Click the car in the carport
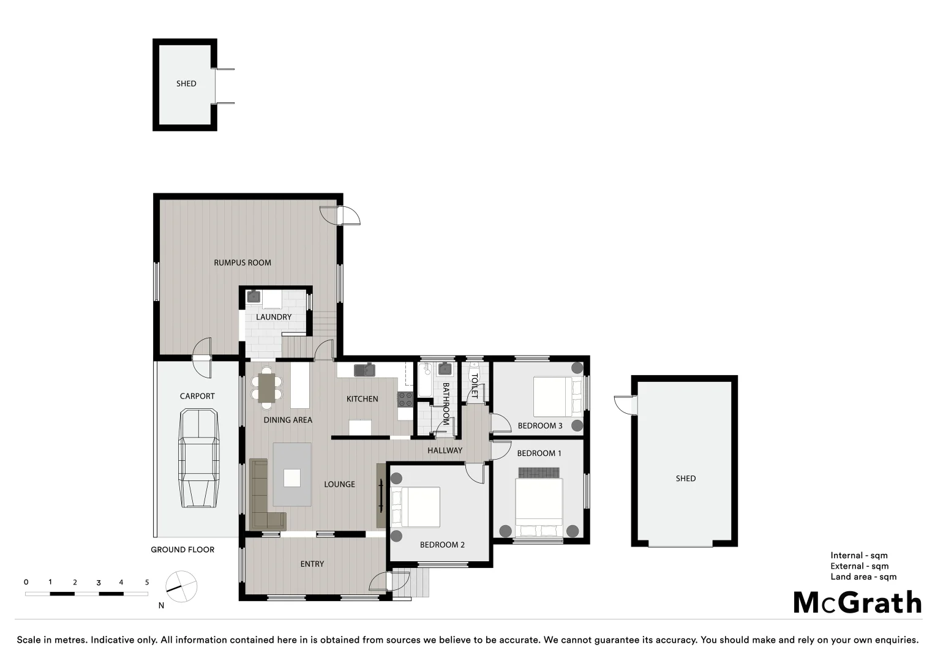[198, 459]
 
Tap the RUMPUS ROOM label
[242, 263]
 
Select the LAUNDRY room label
[274, 317]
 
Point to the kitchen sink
[365, 370]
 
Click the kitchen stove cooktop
[405, 400]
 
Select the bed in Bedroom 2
[416, 507]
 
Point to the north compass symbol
[181, 587]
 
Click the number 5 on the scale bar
[147, 583]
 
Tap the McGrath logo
[857, 603]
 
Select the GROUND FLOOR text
[182, 550]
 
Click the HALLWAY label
[445, 450]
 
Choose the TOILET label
[474, 386]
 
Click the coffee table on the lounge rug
[292, 477]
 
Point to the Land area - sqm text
[863, 577]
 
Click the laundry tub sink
[253, 297]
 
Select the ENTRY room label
[312, 564]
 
